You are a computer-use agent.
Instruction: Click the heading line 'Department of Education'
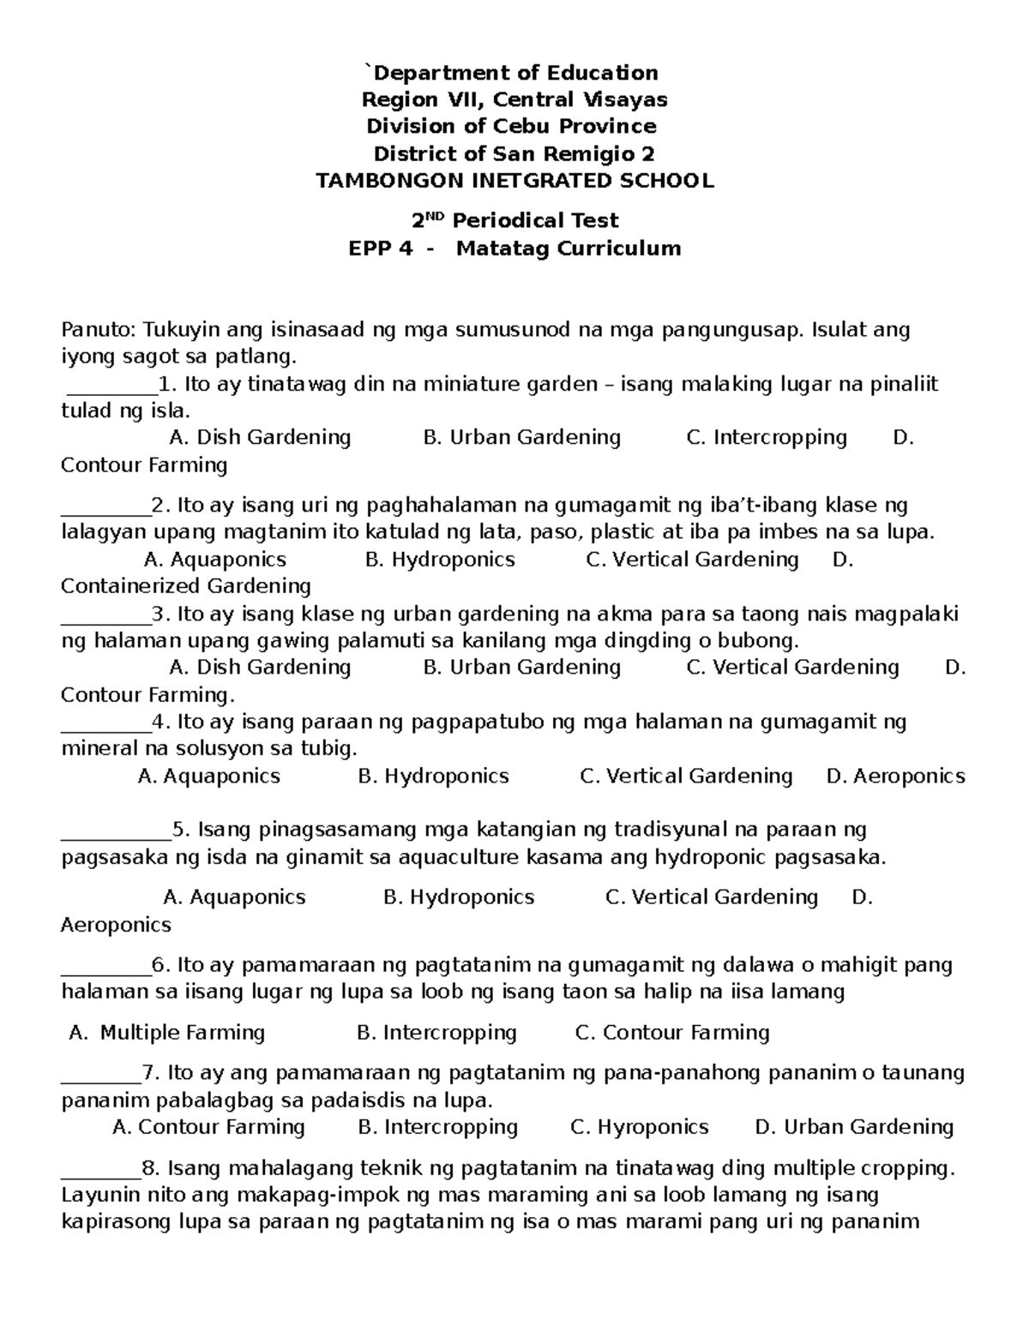point(514,73)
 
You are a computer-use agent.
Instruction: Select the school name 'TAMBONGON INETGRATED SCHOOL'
point(514,181)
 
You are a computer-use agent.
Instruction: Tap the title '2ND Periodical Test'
point(514,221)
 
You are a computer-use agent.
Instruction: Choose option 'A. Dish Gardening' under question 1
point(260,438)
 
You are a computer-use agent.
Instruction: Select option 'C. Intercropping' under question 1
point(767,438)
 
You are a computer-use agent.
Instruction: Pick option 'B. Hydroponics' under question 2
point(440,560)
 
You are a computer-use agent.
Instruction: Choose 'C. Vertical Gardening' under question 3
point(792,668)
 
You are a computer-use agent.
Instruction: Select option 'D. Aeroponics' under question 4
point(895,776)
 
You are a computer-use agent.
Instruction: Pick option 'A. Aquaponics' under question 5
point(234,897)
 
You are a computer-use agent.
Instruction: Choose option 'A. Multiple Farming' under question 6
point(167,1033)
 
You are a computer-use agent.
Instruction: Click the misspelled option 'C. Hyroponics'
point(639,1127)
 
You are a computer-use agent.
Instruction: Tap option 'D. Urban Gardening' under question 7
point(854,1127)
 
